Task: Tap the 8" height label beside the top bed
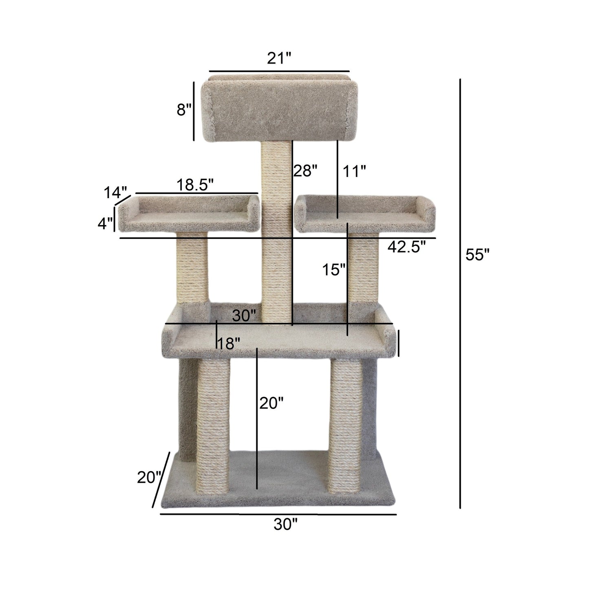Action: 184,110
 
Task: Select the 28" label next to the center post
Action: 305,171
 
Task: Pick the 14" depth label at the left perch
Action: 115,192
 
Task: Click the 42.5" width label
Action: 406,247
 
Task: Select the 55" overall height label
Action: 477,255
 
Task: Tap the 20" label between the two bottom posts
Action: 271,404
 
